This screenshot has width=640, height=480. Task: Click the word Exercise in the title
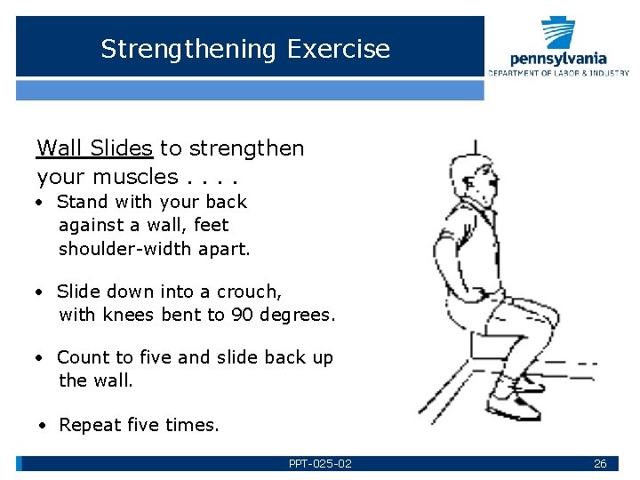(339, 48)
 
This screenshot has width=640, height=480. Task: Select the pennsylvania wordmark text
(559, 59)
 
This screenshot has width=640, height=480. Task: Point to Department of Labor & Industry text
(558, 73)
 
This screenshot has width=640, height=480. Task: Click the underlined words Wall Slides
(94, 148)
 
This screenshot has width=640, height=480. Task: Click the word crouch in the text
(250, 292)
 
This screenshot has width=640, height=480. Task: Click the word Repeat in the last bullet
(89, 425)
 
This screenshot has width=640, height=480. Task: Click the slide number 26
(600, 463)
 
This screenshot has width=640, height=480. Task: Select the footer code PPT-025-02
(320, 463)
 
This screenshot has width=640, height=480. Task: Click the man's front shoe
(516, 409)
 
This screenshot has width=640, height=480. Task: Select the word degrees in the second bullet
(296, 315)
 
